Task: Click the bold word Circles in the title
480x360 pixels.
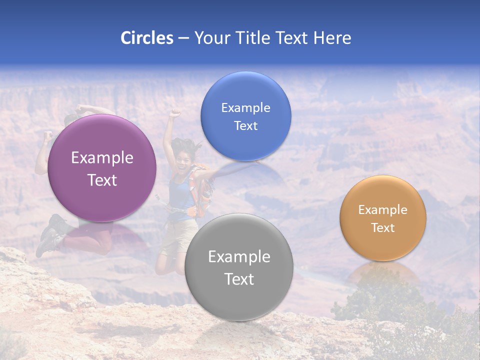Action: (x=146, y=38)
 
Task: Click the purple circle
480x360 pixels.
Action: (x=102, y=168)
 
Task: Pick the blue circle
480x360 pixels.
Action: (x=245, y=116)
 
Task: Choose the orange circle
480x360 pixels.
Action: (x=382, y=218)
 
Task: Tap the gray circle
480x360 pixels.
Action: (x=238, y=267)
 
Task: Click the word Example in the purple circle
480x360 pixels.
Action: (x=102, y=158)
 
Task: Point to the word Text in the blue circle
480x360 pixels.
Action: (x=245, y=125)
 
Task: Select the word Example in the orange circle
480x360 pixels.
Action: (x=382, y=209)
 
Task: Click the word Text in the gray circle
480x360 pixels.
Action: (x=238, y=279)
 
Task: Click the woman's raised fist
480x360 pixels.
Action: (x=174, y=113)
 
